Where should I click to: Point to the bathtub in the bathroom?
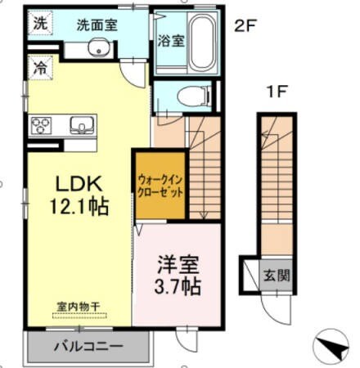pyautogui.click(x=200, y=41)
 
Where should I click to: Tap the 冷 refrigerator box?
pyautogui.click(x=38, y=67)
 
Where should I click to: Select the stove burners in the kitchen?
pyautogui.click(x=41, y=125)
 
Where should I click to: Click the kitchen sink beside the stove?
pyautogui.click(x=82, y=125)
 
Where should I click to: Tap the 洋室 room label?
pyautogui.click(x=178, y=266)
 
